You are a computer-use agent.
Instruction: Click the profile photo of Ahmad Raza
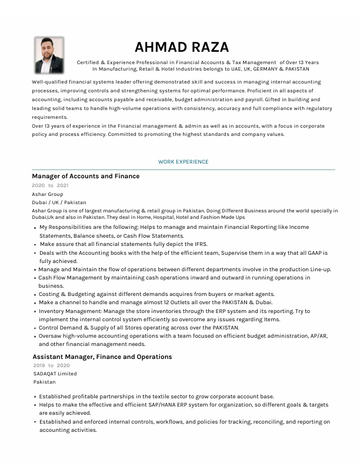49,55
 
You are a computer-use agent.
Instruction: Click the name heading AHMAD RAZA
182,47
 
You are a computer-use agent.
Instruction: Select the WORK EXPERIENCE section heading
183,162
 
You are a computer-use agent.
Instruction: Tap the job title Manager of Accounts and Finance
86,177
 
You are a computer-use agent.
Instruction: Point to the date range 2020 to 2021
50,185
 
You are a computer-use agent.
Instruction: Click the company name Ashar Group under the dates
48,194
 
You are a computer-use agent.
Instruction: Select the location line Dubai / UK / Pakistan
59,202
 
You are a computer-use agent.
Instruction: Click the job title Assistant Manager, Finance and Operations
102,357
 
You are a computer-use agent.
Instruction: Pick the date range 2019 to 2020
51,365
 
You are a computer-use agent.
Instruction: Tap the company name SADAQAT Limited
55,374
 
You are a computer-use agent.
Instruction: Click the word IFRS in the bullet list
199,244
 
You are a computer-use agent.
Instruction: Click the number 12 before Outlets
168,302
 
